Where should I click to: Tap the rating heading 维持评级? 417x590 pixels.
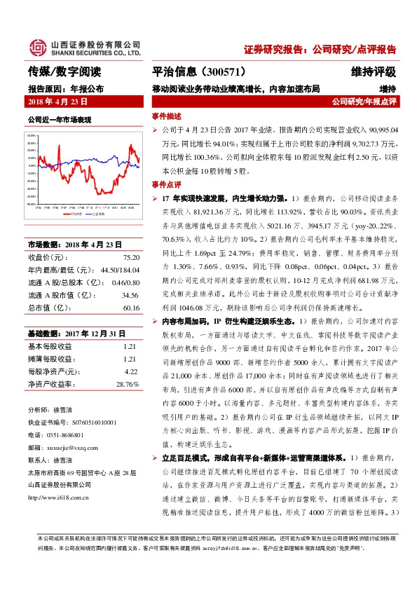tap(374, 72)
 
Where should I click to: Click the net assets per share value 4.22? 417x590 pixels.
tap(130, 371)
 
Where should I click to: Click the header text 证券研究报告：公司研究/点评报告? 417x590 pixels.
tap(320, 50)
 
